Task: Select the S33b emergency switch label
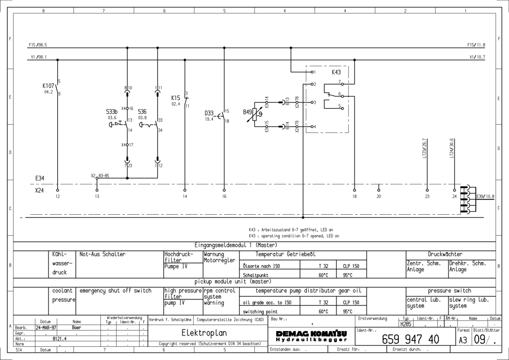coord(112,111)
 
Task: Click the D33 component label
coord(209,113)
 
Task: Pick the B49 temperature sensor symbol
coord(254,115)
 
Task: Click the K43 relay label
coord(336,72)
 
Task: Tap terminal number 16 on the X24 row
coord(224,196)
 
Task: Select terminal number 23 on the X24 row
coord(427,196)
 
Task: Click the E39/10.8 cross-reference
coord(485,196)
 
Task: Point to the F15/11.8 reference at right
coord(476,44)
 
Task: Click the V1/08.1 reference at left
coord(38,57)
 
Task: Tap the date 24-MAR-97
coord(44,328)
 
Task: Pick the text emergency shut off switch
coord(115,291)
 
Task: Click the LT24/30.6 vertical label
coord(452,148)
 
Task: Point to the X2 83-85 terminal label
coord(100,175)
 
